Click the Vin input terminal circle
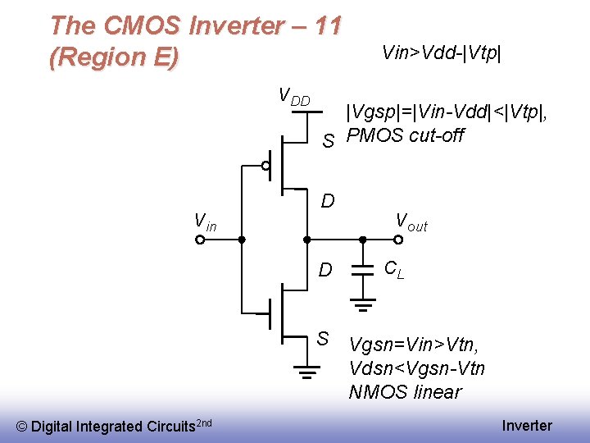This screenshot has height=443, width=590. click(x=200, y=240)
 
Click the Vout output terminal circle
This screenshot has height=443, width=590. click(x=397, y=240)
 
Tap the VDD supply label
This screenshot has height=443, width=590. click(x=294, y=97)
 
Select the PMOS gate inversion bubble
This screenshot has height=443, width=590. click(x=265, y=165)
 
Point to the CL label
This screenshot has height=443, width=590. click(x=394, y=268)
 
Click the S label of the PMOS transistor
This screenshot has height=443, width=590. click(x=327, y=142)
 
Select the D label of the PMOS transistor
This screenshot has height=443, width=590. click(x=327, y=200)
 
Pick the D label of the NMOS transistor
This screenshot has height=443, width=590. click(x=325, y=270)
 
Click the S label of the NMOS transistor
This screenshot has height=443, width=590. click(x=323, y=338)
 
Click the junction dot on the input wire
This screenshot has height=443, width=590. click(x=242, y=240)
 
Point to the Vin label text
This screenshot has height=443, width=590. click(x=205, y=221)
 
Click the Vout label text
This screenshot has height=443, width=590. click(x=411, y=221)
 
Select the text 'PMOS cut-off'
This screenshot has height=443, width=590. click(x=405, y=135)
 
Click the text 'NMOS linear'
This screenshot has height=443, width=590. click(x=405, y=392)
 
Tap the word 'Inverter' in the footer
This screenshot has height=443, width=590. click(x=527, y=426)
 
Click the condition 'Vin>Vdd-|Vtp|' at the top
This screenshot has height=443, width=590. click(x=441, y=53)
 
